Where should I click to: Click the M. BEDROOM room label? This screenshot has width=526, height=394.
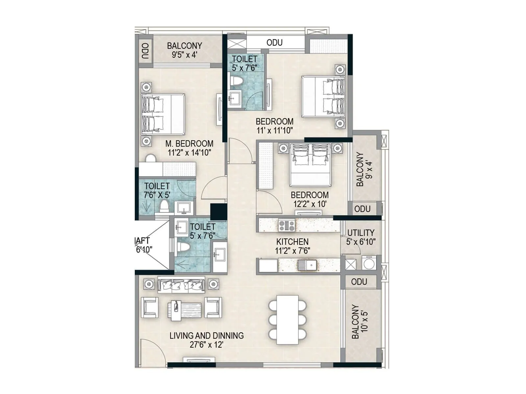pyautogui.click(x=189, y=143)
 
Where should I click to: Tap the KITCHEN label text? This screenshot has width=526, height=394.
pyautogui.click(x=292, y=242)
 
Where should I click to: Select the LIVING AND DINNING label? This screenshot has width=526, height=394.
pyautogui.click(x=206, y=336)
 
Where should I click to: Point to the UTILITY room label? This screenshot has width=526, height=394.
pyautogui.click(x=361, y=233)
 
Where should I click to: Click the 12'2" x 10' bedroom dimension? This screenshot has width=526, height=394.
pyautogui.click(x=310, y=204)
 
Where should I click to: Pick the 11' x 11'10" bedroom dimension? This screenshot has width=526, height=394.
pyautogui.click(x=275, y=130)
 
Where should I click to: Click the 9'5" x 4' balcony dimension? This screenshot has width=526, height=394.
pyautogui.click(x=184, y=55)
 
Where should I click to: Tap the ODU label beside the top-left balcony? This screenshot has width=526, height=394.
pyautogui.click(x=145, y=51)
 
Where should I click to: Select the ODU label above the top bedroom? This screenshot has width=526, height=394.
pyautogui.click(x=275, y=43)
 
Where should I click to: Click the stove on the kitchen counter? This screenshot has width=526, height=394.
pyautogui.click(x=287, y=226)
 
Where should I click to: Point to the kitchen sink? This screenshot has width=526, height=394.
pyautogui.click(x=307, y=265)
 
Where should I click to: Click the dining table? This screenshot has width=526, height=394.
pyautogui.click(x=287, y=319)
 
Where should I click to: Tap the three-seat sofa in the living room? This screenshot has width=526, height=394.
pyautogui.click(x=181, y=285)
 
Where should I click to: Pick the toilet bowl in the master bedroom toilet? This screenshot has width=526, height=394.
pyautogui.click(x=164, y=207)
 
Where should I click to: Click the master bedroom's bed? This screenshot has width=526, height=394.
pyautogui.click(x=163, y=114)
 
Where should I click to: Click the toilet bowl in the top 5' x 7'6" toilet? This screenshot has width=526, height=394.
pyautogui.click(x=236, y=82)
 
